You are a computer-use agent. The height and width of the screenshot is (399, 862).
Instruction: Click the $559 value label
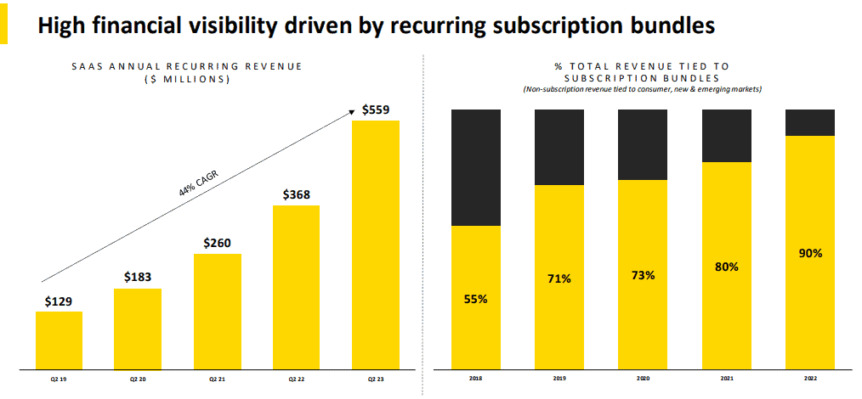pyautogui.click(x=377, y=110)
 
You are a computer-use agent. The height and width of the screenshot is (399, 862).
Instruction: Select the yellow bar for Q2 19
pyautogui.click(x=59, y=340)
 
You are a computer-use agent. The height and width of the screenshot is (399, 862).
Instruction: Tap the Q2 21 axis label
pyautogui.click(x=217, y=379)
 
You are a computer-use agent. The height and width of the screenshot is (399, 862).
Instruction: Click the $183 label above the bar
pyautogui.click(x=138, y=277)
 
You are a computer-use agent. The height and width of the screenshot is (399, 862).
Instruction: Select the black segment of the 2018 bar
pyautogui.click(x=476, y=167)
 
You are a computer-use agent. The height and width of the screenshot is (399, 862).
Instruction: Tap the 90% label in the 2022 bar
pyautogui.click(x=810, y=253)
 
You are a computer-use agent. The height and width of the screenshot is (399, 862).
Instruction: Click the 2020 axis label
pyautogui.click(x=643, y=379)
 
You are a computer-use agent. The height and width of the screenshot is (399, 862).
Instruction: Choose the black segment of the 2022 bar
pyautogui.click(x=810, y=122)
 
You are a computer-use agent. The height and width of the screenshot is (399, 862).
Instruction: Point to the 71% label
pyautogui.click(x=559, y=278)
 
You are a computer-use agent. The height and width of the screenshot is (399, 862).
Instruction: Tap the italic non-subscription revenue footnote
pyautogui.click(x=642, y=89)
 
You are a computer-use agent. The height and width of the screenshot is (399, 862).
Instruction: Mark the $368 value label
pyautogui.click(x=297, y=194)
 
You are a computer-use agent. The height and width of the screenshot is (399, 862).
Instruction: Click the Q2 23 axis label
pyautogui.click(x=375, y=379)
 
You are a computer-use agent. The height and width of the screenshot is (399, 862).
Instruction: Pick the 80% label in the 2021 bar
pyautogui.click(x=727, y=267)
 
